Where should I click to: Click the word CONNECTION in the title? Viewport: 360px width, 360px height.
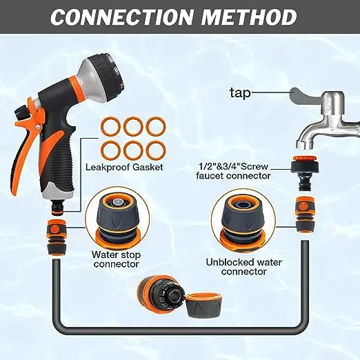point(121,17)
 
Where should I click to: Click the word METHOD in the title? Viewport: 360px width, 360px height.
point(249,17)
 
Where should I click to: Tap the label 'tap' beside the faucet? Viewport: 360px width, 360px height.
point(240,93)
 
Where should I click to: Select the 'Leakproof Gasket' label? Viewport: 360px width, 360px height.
point(124,167)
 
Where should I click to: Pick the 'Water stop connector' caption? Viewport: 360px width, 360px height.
point(117,259)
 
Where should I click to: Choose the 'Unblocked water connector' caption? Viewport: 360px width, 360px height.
point(243,267)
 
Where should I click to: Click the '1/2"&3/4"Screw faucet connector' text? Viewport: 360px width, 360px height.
point(233,171)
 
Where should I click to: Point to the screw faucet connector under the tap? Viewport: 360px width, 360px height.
point(305,172)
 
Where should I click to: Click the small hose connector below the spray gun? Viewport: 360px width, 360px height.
point(57,237)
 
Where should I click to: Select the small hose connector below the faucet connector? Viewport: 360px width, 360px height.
point(305,214)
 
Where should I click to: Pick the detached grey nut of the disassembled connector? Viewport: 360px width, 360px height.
point(203,306)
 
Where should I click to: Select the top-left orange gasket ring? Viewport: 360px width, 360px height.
point(111,126)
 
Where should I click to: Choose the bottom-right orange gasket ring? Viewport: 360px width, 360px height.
point(156,151)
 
